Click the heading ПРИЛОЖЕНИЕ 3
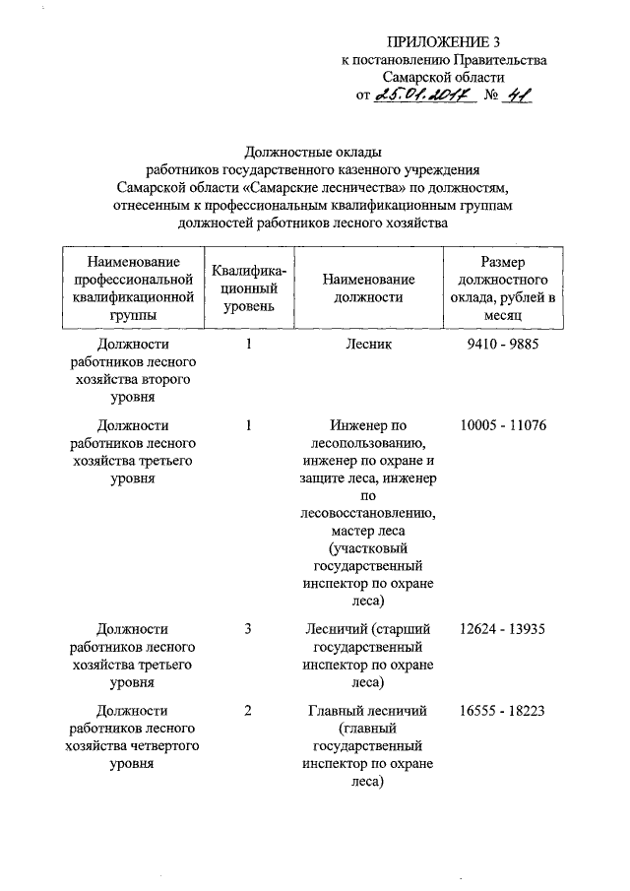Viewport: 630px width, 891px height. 443,41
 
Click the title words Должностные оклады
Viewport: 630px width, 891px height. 312,152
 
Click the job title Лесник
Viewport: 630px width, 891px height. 368,346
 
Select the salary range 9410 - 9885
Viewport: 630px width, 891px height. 500,346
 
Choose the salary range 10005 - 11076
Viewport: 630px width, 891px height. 502,425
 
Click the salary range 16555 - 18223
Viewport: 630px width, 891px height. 502,711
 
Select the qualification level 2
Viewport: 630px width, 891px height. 249,711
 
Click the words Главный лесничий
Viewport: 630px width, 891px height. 368,711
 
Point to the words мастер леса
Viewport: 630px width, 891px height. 368,530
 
